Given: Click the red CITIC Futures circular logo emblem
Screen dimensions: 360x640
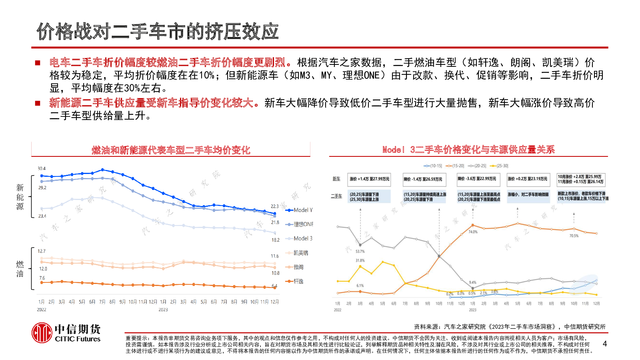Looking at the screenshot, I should coord(42,333).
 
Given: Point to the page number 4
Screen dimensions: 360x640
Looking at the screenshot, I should coord(604,344).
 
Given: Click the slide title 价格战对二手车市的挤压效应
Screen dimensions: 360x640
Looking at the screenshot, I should coord(158,32).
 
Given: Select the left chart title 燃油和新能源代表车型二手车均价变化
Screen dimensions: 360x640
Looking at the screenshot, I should coord(171,150).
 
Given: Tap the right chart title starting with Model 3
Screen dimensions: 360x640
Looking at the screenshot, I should coord(468,150).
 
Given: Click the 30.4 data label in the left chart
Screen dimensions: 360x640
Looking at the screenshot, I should coord(42,168).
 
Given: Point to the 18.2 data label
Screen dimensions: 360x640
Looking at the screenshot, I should coord(275,240).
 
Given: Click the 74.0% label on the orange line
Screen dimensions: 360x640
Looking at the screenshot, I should coord(473,232).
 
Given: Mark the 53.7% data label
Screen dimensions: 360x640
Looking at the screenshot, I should coord(360,252).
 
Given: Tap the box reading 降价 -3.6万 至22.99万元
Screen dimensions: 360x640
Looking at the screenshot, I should coord(478,179).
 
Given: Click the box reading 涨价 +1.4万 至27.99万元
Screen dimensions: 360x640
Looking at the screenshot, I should coord(369,179).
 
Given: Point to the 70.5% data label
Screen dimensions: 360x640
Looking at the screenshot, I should coord(574,236).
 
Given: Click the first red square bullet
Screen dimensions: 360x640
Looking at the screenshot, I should coord(38,63).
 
